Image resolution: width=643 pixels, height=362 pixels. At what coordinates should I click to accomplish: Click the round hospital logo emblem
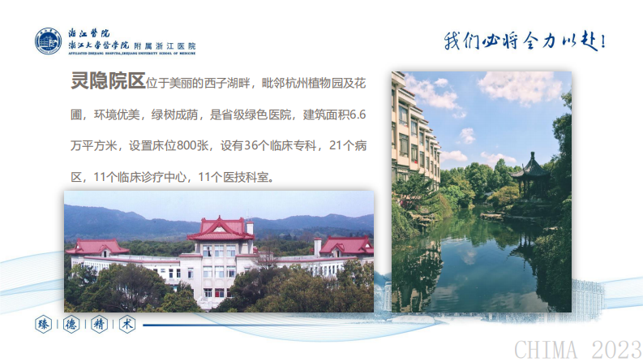tap(49, 41)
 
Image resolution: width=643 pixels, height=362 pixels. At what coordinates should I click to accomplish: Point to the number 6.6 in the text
tap(356, 114)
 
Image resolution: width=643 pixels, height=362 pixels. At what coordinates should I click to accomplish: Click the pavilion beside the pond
tap(532, 175)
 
